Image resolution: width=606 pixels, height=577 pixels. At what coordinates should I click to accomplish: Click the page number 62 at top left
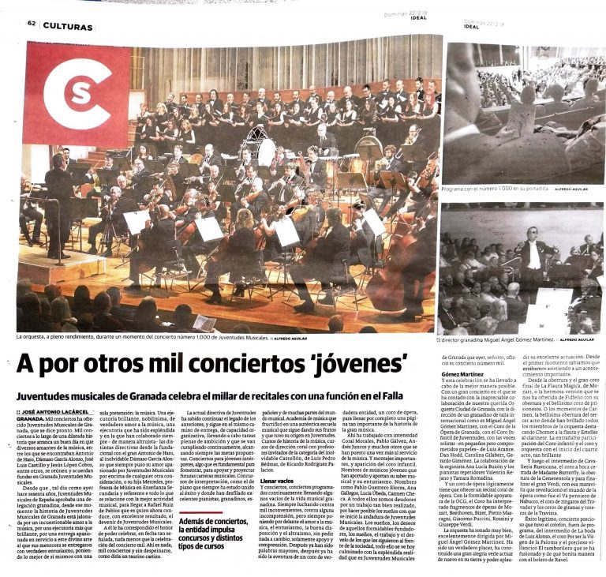[32, 24]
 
